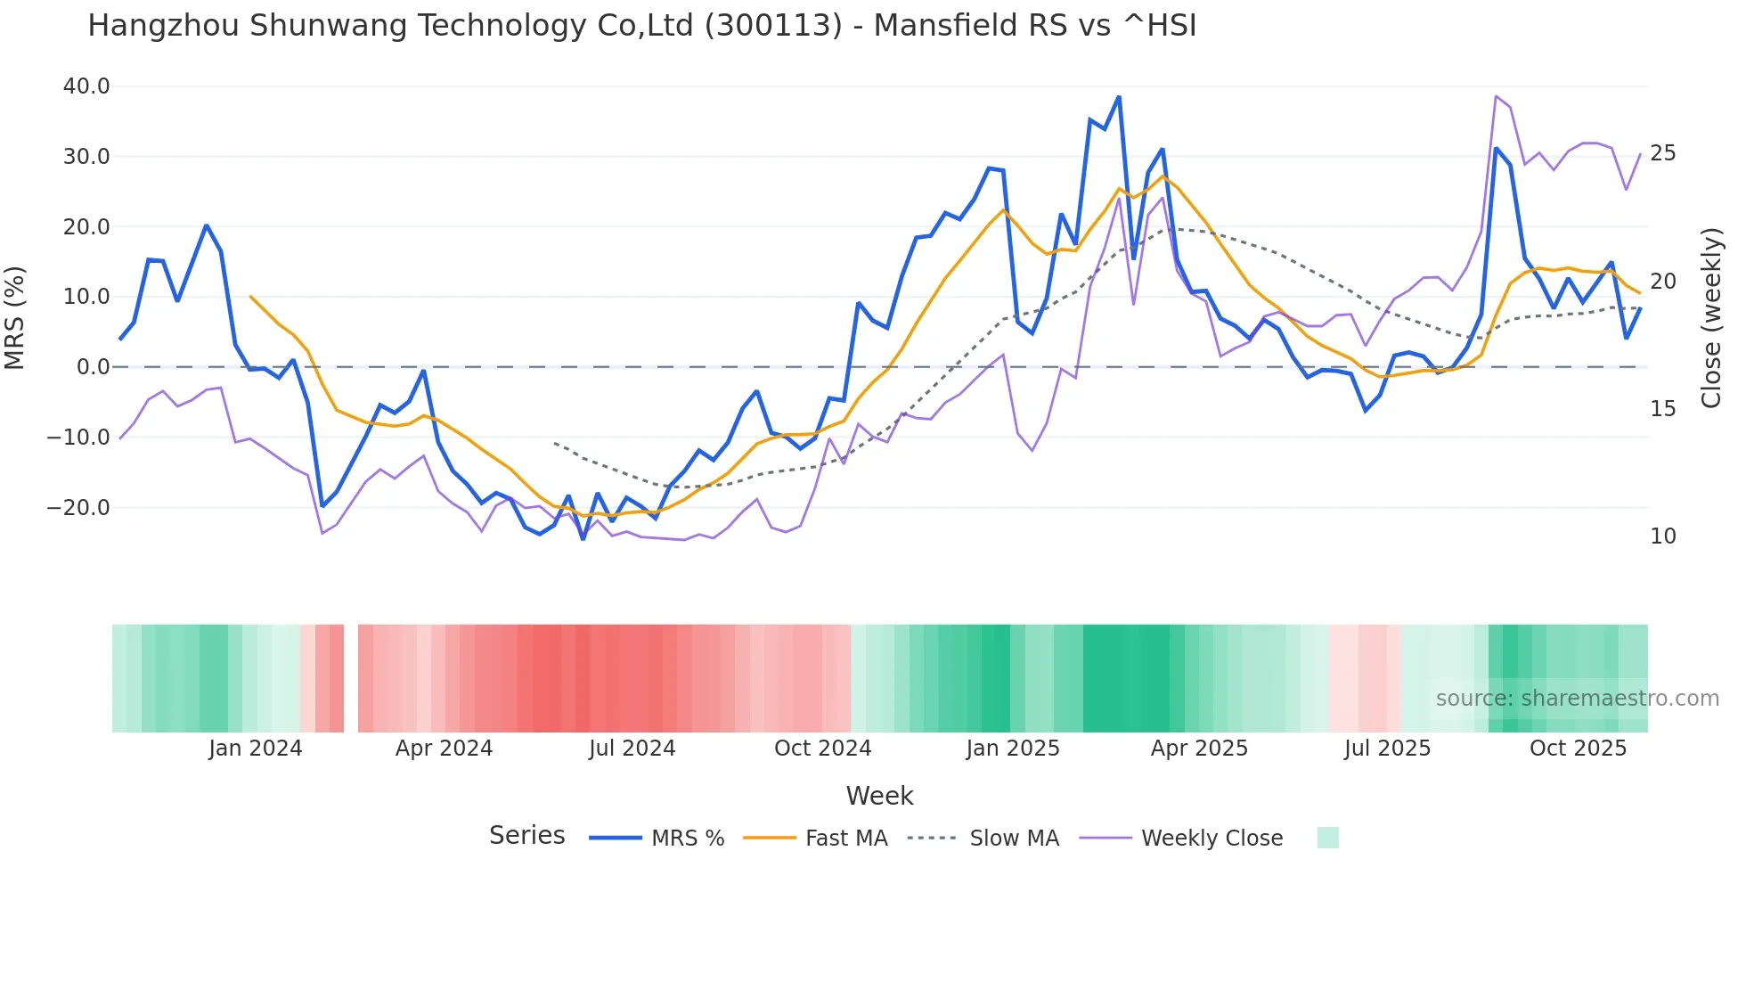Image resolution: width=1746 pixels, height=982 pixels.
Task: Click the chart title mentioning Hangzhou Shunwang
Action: [641, 26]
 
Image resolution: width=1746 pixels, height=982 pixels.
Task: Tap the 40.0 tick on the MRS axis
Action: [86, 86]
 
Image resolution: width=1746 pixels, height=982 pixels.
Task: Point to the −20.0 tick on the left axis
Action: [78, 508]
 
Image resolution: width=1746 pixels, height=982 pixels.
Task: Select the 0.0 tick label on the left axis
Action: [94, 367]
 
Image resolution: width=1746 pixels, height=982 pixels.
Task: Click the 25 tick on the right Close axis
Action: [1662, 153]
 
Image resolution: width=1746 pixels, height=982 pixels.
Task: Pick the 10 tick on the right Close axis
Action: [1662, 536]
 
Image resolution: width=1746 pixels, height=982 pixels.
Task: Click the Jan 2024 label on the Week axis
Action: [256, 749]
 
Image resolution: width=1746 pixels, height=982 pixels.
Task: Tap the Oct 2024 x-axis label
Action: [822, 749]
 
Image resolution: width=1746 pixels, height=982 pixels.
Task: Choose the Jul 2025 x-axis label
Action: [1387, 749]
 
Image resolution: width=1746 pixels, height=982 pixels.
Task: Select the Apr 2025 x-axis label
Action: [1199, 749]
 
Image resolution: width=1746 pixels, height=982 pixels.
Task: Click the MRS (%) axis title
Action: [15, 317]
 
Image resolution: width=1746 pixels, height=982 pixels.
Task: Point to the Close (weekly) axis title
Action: [1710, 317]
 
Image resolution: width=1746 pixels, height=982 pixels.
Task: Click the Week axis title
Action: [879, 796]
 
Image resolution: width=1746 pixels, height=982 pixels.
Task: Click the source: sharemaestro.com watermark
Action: [1577, 699]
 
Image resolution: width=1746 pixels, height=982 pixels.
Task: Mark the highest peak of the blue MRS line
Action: [1119, 97]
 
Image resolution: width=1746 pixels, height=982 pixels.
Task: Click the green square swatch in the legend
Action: [1327, 838]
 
